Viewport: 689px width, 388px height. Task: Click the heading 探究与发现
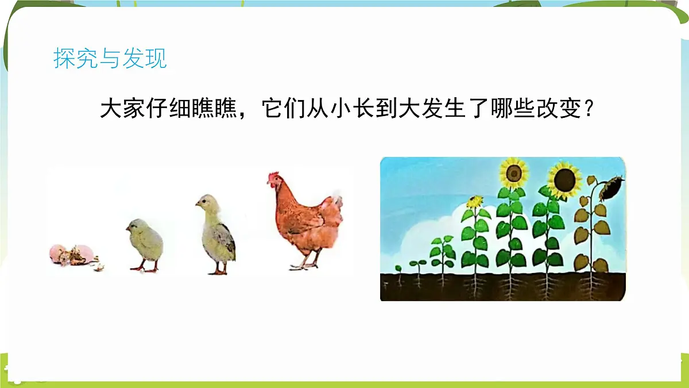click(x=110, y=59)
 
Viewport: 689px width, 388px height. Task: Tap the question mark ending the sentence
click(x=587, y=109)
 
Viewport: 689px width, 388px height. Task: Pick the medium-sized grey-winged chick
click(x=218, y=234)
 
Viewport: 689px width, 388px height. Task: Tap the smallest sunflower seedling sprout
click(x=398, y=268)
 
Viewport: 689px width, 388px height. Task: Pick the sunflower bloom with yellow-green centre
click(x=513, y=172)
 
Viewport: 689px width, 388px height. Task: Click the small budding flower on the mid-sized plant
click(x=475, y=202)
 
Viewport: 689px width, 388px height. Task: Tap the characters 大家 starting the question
click(x=123, y=109)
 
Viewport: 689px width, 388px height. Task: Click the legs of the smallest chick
click(x=145, y=266)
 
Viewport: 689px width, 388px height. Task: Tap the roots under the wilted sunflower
click(x=591, y=284)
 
